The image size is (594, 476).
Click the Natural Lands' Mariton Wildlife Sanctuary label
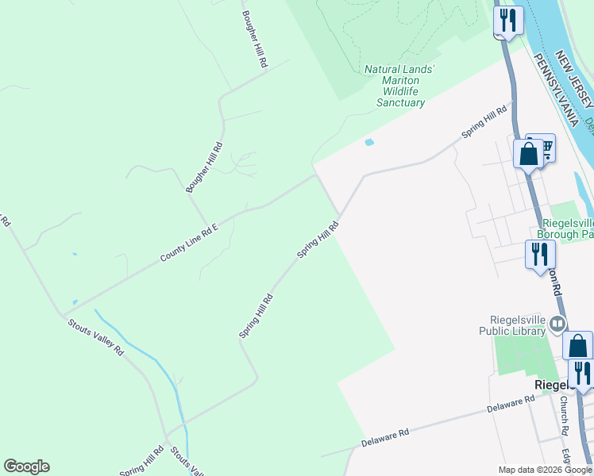(x=400, y=86)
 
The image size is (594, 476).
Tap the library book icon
(x=558, y=324)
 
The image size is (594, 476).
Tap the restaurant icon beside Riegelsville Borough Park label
(x=538, y=254)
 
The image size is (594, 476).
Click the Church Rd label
(x=564, y=415)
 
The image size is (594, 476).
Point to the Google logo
(x=26, y=466)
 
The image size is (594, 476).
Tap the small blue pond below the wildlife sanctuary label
(x=368, y=143)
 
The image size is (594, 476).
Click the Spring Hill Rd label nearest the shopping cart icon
(x=484, y=123)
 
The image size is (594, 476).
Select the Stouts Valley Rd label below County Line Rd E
(x=96, y=336)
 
